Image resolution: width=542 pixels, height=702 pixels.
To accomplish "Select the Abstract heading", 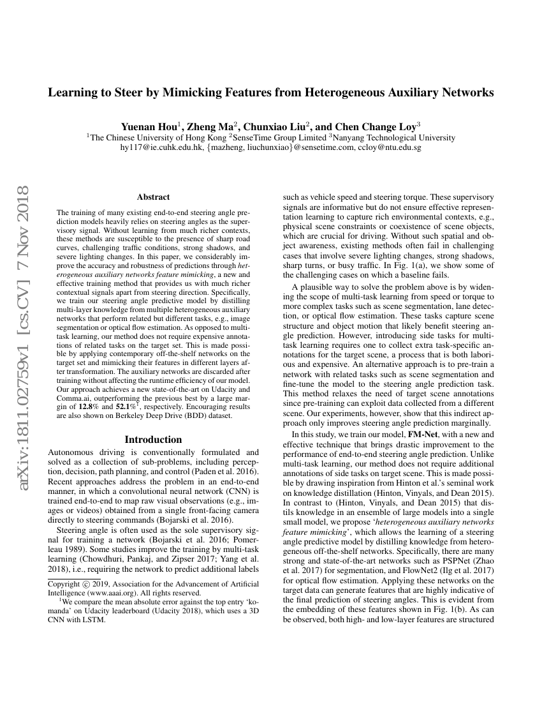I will point(153,197).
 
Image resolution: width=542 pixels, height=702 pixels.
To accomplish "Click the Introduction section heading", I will point(153,439).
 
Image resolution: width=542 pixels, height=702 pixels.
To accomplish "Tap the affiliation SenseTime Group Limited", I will point(280,137).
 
